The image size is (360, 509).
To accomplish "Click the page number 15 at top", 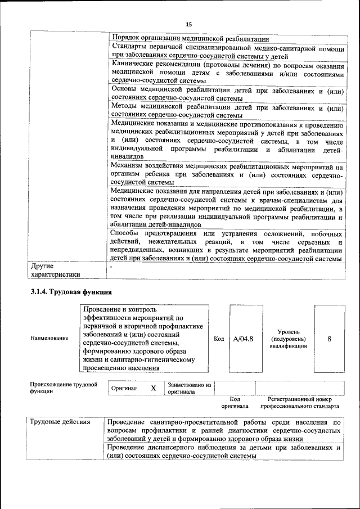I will click(188, 23).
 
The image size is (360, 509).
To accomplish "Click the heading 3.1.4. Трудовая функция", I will click(71, 292).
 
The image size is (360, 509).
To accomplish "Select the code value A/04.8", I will click(243, 339).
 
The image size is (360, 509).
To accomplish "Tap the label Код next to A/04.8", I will click(219, 339).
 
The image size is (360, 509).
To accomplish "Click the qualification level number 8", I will click(329, 339).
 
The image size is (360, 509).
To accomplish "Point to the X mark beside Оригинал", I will click(153, 388).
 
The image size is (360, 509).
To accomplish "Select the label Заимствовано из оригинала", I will click(189, 388).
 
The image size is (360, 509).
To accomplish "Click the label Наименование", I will click(49, 339).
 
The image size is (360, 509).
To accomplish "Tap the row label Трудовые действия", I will click(60, 422).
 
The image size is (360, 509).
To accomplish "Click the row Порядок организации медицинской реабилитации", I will click(190, 39).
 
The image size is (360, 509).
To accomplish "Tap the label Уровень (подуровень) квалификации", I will click(289, 339).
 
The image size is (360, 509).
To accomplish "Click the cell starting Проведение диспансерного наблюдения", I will click(224, 452).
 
